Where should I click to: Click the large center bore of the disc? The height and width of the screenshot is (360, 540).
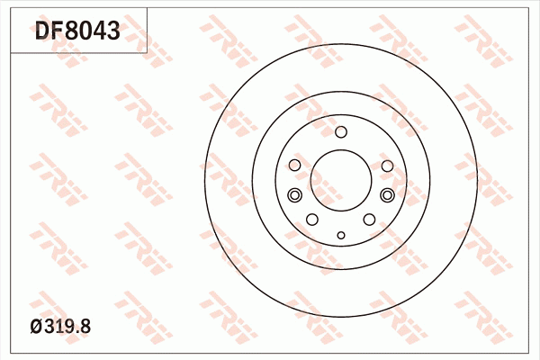point(340,180)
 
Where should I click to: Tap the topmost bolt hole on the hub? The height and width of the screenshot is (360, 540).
point(340,133)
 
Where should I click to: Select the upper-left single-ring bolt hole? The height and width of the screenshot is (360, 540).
point(295,166)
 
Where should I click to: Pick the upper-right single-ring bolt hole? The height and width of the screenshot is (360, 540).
point(386,166)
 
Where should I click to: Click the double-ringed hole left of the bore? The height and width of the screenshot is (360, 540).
point(293,195)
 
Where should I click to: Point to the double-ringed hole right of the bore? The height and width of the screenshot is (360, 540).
point(387,195)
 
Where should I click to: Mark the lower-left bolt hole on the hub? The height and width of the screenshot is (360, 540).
point(312,220)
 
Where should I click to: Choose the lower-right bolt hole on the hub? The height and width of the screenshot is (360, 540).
point(369,220)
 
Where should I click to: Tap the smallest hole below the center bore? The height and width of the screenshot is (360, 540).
point(340,235)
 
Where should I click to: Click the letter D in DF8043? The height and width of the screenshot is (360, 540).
point(44,32)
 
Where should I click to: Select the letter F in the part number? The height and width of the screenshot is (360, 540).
point(59,32)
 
